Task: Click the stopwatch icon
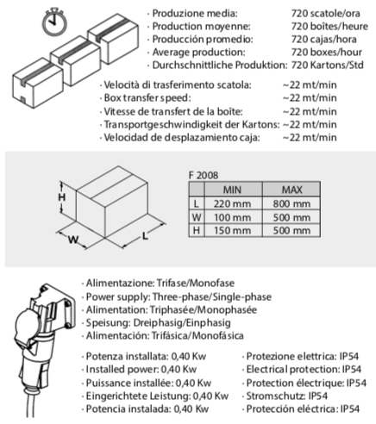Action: (54, 22)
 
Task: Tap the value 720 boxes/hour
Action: (327, 52)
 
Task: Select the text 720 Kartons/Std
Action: (328, 65)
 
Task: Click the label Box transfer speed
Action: (147, 98)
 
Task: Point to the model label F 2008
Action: (204, 175)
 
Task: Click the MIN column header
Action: (232, 190)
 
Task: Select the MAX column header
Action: (292, 190)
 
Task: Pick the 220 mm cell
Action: (232, 204)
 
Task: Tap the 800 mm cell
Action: (291, 204)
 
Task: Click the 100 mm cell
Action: (232, 217)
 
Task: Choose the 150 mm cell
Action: (232, 230)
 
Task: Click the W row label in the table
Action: (197, 217)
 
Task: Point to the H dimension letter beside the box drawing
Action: (62, 197)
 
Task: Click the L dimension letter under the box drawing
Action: (145, 236)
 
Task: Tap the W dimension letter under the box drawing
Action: (73, 240)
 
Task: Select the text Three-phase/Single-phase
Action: (212, 296)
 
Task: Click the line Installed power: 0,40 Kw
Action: (141, 370)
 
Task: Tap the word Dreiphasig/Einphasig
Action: (182, 323)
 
